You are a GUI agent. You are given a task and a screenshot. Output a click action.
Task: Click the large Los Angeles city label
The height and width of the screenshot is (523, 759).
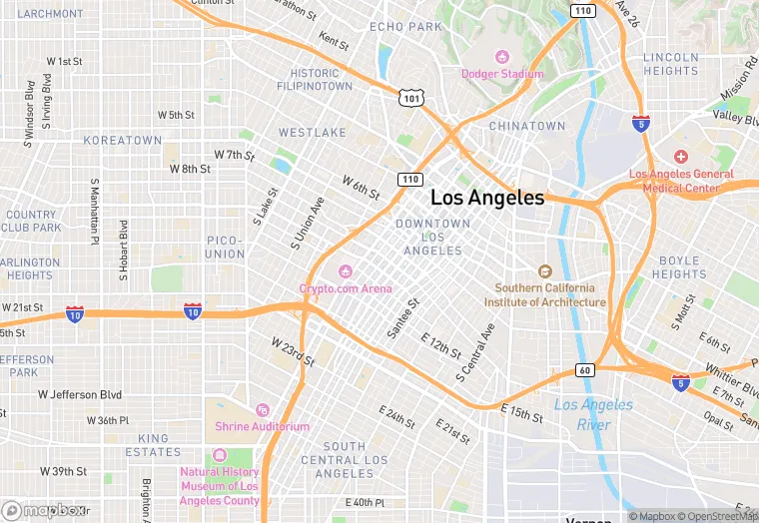coord(487,198)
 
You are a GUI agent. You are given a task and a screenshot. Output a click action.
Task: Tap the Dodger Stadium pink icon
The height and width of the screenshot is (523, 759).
coord(502,56)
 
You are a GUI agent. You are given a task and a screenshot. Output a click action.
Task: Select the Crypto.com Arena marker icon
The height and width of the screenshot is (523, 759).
coord(346,270)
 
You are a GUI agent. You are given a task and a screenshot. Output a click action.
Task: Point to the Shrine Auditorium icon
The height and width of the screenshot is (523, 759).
coord(262,409)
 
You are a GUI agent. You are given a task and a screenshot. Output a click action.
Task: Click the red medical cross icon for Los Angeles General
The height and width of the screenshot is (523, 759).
coord(680,157)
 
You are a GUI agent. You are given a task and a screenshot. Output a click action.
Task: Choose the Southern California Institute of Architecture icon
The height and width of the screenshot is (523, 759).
coord(544,271)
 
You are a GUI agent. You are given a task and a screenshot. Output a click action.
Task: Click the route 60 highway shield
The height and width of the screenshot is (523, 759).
coord(585,370)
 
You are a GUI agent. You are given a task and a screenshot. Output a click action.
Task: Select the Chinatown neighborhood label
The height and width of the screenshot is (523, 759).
coord(526,127)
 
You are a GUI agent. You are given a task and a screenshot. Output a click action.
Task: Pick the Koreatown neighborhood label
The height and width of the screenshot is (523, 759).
coord(122,141)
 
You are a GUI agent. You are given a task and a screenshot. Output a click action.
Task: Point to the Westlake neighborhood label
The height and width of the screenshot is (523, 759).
coord(313,133)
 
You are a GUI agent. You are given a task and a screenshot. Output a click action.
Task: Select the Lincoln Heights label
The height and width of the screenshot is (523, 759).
coord(670,64)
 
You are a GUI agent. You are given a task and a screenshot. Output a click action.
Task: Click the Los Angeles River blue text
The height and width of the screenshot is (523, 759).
coord(593,414)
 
